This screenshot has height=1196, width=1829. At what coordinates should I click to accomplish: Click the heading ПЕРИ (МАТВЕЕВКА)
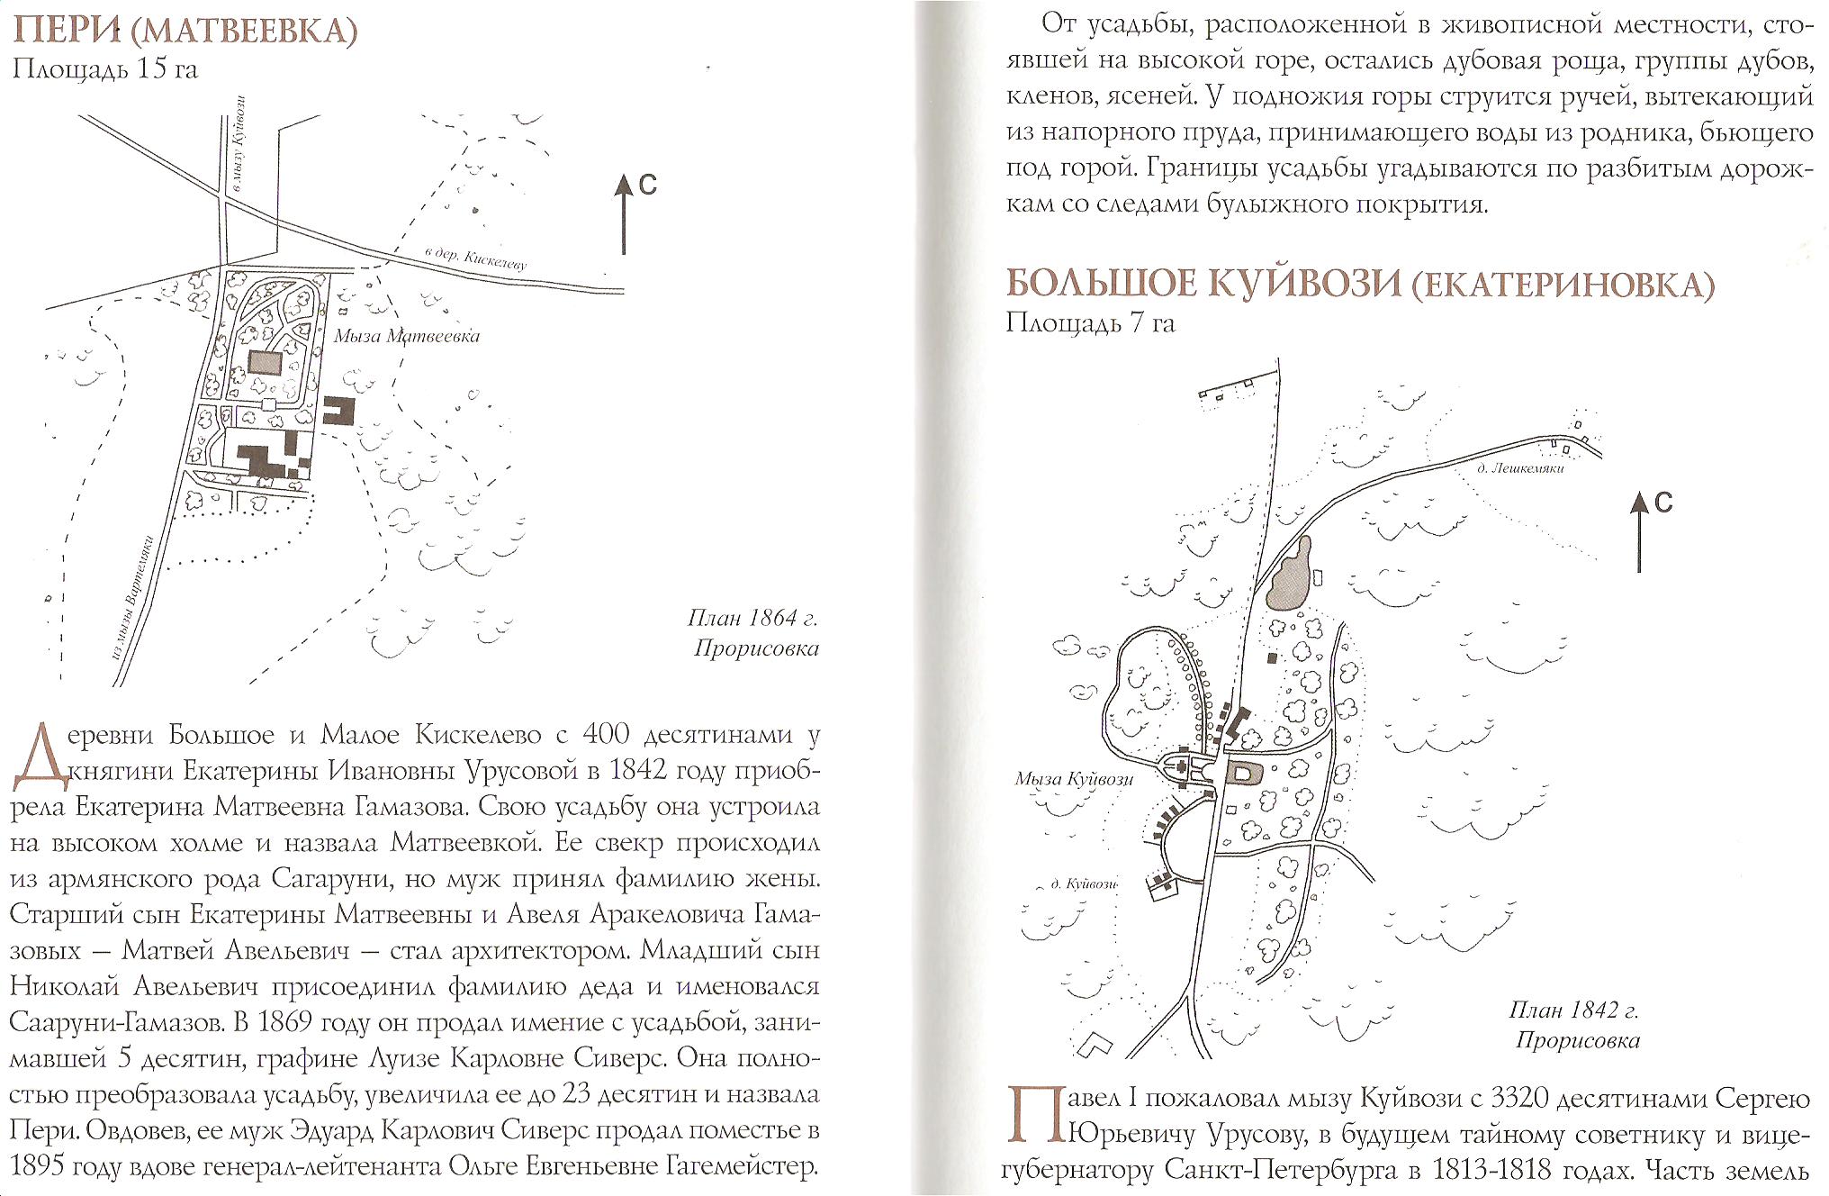point(185,31)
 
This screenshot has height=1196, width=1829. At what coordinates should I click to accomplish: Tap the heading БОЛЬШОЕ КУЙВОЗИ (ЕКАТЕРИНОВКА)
point(1359,284)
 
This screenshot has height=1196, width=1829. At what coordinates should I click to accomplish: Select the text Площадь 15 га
point(104,69)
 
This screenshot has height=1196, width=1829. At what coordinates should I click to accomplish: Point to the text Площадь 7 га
point(1090,322)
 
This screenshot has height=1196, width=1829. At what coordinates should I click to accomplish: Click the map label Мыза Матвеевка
point(407,336)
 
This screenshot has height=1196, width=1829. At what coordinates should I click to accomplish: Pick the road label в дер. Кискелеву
point(475,258)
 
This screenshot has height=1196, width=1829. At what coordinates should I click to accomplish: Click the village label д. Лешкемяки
point(1520,468)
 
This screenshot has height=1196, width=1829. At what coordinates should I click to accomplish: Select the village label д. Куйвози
point(1084,884)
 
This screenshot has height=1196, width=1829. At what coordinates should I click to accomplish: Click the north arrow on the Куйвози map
point(1639,531)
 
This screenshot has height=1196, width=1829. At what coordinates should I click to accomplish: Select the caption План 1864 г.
point(752,618)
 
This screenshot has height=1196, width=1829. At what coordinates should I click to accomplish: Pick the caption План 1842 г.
point(1573,1010)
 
